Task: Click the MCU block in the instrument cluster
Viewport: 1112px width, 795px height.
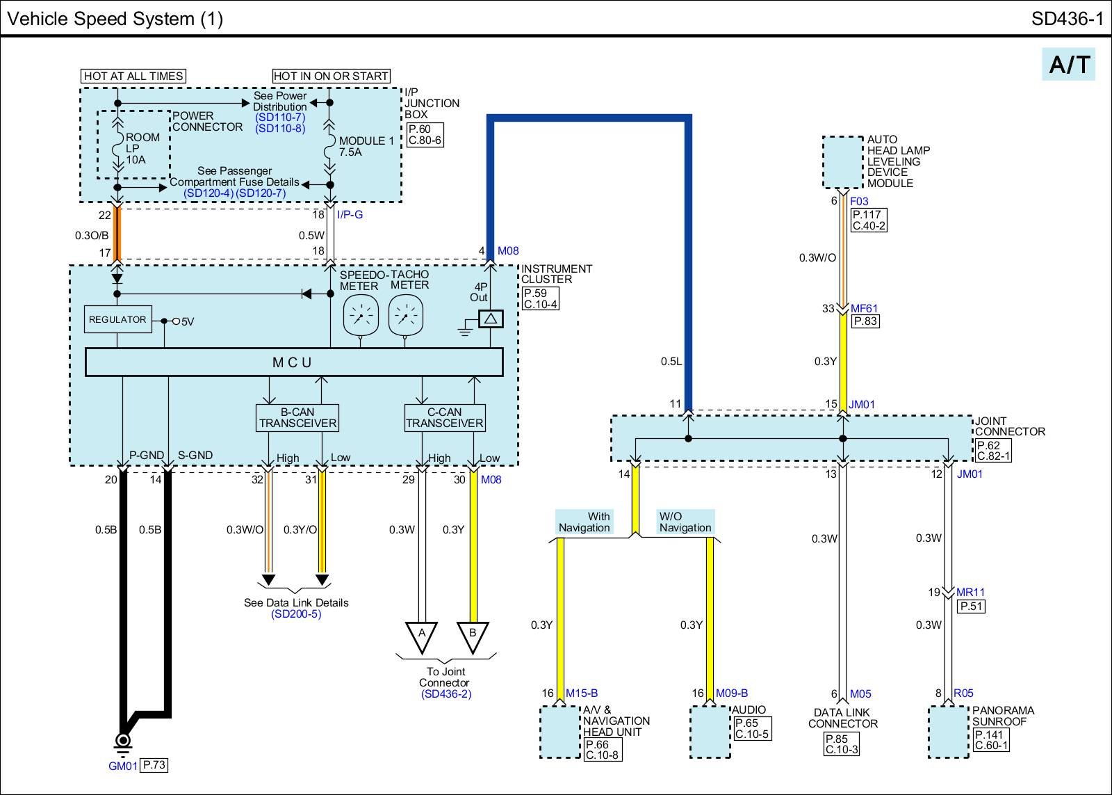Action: pyautogui.click(x=293, y=362)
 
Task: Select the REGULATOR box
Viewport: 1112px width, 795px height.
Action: pyautogui.click(x=117, y=319)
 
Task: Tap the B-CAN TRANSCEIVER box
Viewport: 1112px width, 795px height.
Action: pyautogui.click(x=297, y=418)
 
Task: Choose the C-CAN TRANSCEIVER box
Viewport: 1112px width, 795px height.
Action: pyautogui.click(x=445, y=418)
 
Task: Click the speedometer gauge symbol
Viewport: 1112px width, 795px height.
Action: pyautogui.click(x=361, y=316)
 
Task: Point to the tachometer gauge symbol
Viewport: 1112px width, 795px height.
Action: pyautogui.click(x=406, y=316)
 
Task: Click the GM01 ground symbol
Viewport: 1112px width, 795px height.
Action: pyautogui.click(x=124, y=741)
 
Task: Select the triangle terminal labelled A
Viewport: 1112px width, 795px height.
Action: pyautogui.click(x=421, y=635)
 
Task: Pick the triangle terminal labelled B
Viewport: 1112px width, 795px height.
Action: pyautogui.click(x=473, y=635)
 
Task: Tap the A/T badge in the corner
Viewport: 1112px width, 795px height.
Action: pyautogui.click(x=1068, y=64)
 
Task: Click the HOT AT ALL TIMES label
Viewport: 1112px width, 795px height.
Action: pyautogui.click(x=133, y=76)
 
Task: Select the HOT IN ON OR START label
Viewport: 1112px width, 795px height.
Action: pyautogui.click(x=331, y=76)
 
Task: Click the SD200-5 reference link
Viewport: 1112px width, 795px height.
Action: pyautogui.click(x=296, y=614)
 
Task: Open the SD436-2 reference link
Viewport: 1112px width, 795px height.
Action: pyautogui.click(x=445, y=694)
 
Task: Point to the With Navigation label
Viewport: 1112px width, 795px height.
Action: pyautogui.click(x=584, y=522)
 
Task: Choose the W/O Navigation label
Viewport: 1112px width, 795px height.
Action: pyautogui.click(x=685, y=522)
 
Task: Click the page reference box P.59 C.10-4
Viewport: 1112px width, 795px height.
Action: pyautogui.click(x=540, y=299)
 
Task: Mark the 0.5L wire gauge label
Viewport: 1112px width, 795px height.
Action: pyautogui.click(x=671, y=362)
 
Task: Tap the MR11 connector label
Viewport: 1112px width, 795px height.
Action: pyautogui.click(x=970, y=593)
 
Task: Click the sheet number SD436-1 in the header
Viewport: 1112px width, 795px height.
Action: pyautogui.click(x=1067, y=19)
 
